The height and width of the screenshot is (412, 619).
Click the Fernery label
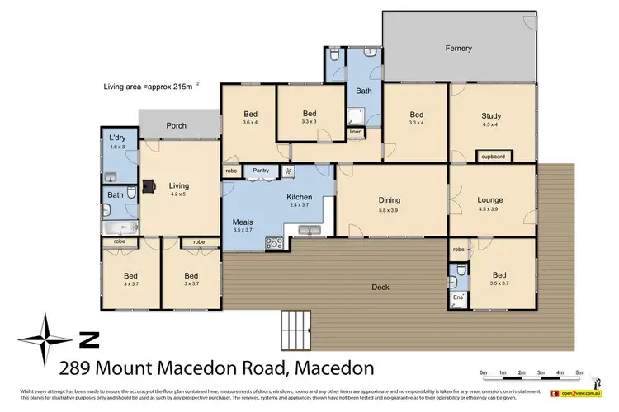click(458, 49)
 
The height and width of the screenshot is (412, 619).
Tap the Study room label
click(491, 116)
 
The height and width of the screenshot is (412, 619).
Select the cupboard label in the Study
click(493, 156)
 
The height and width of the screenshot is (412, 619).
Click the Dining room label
click(389, 199)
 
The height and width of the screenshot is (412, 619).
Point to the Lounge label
click(490, 199)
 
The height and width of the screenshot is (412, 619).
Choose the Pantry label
click(262, 171)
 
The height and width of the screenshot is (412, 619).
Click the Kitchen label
click(298, 198)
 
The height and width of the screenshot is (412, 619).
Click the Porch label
click(176, 126)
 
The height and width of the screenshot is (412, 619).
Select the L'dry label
click(116, 138)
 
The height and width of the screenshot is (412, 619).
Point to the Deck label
click(380, 287)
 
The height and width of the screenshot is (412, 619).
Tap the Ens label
click(458, 296)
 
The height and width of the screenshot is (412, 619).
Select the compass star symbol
click(48, 339)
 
